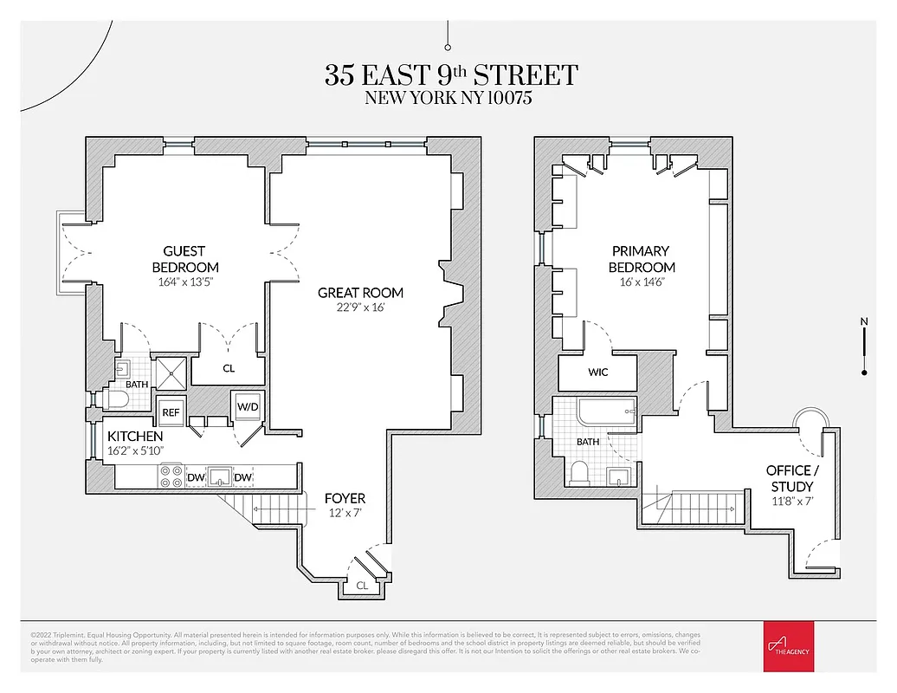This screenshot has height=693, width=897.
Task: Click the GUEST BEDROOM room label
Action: pos(184,259)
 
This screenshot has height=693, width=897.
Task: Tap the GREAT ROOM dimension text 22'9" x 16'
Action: pos(360,308)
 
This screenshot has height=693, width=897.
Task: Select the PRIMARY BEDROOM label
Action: pos(642,259)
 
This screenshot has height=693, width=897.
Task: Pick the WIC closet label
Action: pos(597,372)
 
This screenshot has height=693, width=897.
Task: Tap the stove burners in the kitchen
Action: pos(171,476)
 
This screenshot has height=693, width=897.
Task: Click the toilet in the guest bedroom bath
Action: pos(116,399)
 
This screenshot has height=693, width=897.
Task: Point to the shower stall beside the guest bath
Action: pos(170,372)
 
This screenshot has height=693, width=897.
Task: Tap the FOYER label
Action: pos(345,498)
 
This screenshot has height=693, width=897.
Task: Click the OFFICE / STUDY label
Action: pos(789,478)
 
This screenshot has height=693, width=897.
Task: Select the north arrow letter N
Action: pos(863,322)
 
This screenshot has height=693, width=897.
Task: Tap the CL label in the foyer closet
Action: pos(362,586)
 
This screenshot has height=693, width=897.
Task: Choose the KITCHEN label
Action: pos(135,436)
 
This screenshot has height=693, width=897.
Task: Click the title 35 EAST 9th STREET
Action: pos(450,74)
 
